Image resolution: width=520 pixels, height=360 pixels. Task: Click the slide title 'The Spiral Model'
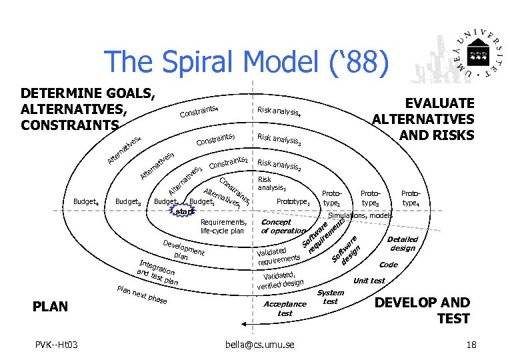246,61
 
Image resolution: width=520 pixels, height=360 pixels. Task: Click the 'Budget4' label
87,201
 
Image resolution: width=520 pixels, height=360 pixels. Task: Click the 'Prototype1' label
294,201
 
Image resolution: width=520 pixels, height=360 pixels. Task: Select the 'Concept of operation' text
282,227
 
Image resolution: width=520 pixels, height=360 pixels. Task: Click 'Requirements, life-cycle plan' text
223,227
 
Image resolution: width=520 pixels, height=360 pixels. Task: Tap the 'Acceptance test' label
285,308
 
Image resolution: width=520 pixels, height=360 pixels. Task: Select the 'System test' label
330,297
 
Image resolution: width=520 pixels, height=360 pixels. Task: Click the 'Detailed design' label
403,243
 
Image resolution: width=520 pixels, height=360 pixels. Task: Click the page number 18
471,344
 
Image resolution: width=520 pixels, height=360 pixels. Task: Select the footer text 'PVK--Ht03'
57,344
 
